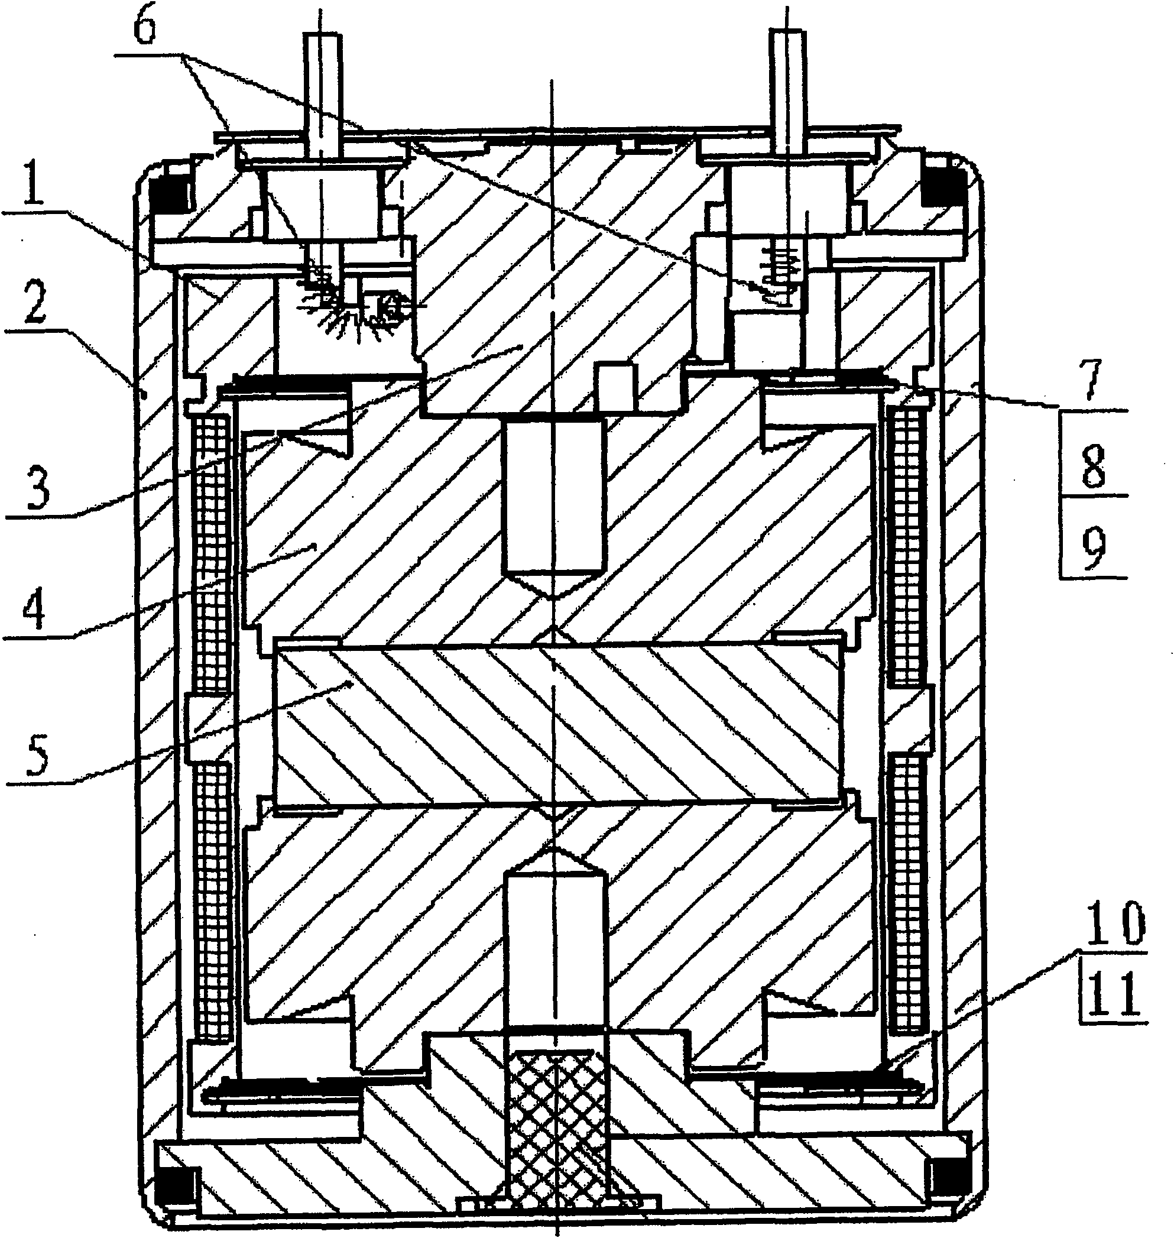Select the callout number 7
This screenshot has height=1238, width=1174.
coord(1092,382)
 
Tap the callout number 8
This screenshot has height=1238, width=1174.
coord(1093,468)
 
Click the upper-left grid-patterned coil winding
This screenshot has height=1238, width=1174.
coord(212,552)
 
